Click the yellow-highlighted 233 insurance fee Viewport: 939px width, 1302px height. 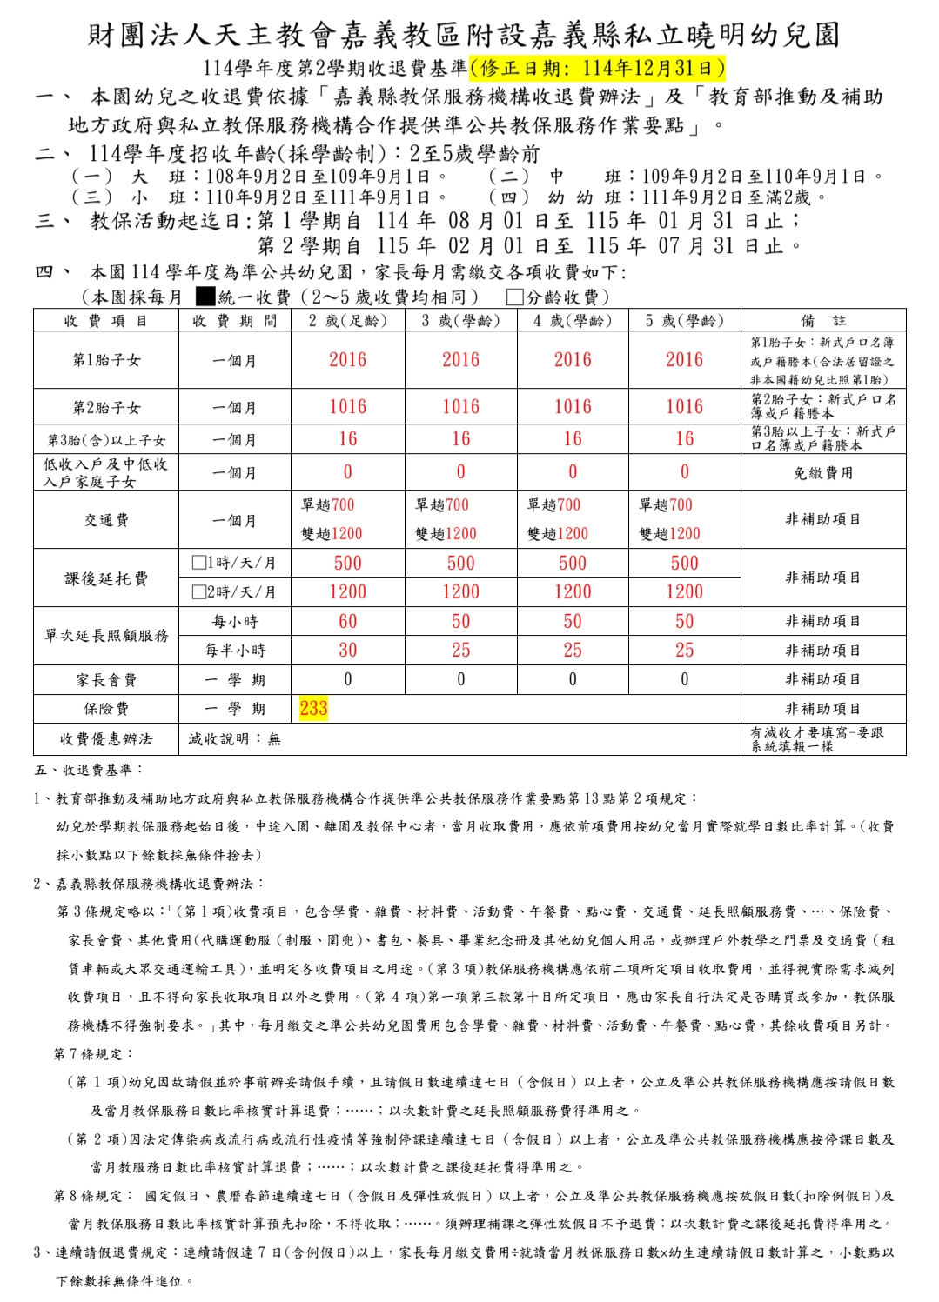pos(313,708)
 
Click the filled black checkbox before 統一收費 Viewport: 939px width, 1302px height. pos(205,297)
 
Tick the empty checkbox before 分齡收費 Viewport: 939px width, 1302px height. pos(514,297)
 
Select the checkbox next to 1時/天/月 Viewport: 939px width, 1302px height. pos(198,563)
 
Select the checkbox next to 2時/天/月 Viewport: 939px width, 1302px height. pos(198,592)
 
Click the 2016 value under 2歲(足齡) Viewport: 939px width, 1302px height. pos(347,360)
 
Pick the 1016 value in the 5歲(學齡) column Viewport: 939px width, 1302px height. pos(684,406)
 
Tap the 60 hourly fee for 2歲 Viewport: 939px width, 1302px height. pos(347,621)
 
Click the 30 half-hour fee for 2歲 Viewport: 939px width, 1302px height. pos(347,650)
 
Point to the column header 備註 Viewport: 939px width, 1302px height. pos(822,321)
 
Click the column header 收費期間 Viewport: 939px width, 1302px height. pos(234,321)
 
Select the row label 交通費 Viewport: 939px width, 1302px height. pos(106,520)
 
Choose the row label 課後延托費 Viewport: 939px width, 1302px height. pos(106,578)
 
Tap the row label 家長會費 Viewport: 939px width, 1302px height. pos(106,679)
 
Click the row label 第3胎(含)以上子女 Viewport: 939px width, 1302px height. pos(106,440)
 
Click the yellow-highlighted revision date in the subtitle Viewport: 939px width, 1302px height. pos(597,68)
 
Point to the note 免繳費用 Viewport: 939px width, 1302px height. pos(822,473)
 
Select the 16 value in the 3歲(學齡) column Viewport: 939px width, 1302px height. pos(460,439)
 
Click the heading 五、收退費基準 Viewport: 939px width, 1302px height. pos(89,770)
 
